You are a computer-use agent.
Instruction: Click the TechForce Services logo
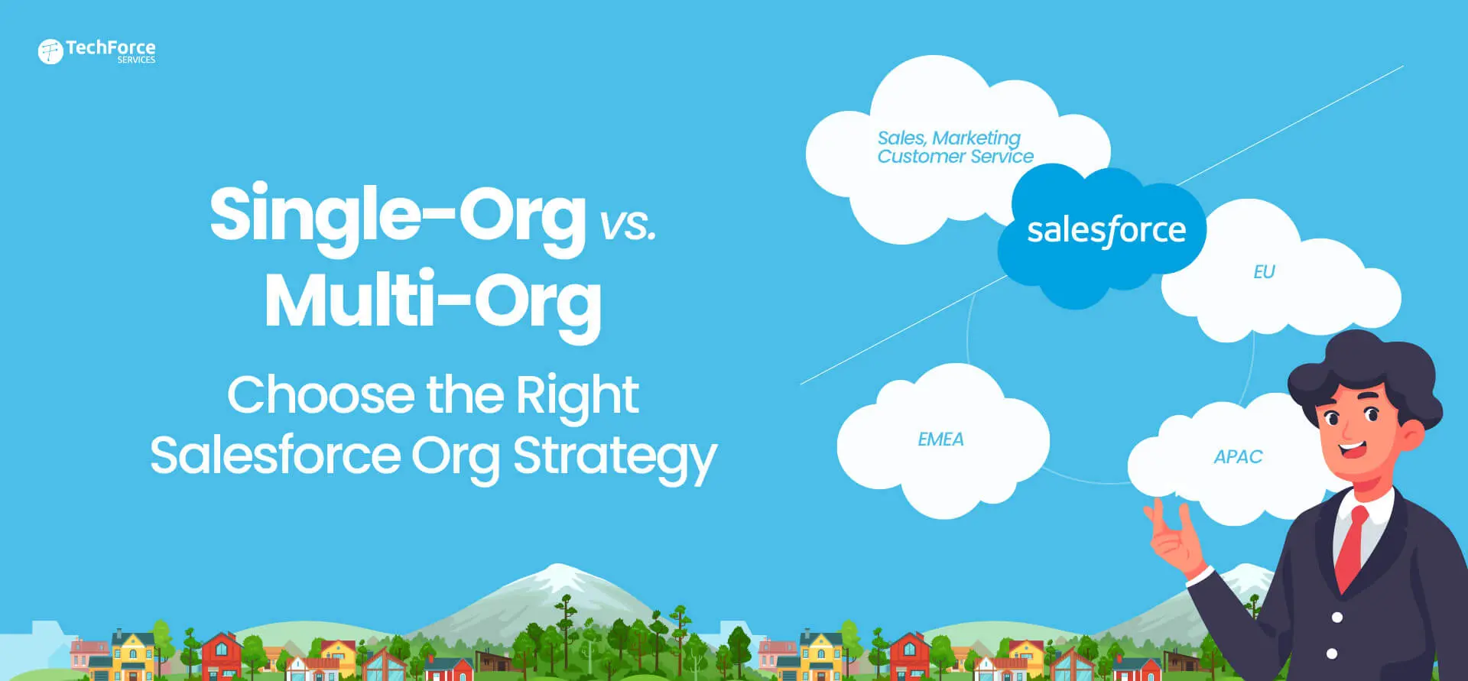click(x=96, y=51)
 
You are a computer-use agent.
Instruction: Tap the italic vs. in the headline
click(x=628, y=225)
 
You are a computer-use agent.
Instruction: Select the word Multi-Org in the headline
click(x=433, y=303)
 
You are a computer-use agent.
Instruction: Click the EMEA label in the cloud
click(x=940, y=439)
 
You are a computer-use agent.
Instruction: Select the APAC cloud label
click(x=1238, y=457)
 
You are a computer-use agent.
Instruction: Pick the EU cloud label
click(x=1264, y=272)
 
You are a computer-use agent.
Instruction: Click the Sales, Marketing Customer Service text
click(x=955, y=148)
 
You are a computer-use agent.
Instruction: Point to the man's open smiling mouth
click(x=1351, y=447)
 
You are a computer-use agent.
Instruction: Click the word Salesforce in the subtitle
click(x=275, y=456)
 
